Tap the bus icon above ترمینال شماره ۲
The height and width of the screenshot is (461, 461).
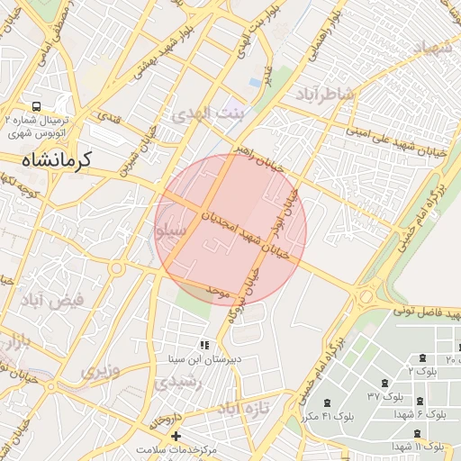(x=36, y=106)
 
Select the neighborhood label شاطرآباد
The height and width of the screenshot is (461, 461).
(x=325, y=95)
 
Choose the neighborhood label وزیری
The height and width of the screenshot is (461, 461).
(x=98, y=369)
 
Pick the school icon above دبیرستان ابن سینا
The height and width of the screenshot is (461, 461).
(x=204, y=345)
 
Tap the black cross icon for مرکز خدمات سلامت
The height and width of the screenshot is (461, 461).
(x=176, y=437)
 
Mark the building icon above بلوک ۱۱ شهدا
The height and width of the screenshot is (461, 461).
(x=420, y=431)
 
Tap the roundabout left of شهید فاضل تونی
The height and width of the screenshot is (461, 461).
(x=366, y=296)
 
